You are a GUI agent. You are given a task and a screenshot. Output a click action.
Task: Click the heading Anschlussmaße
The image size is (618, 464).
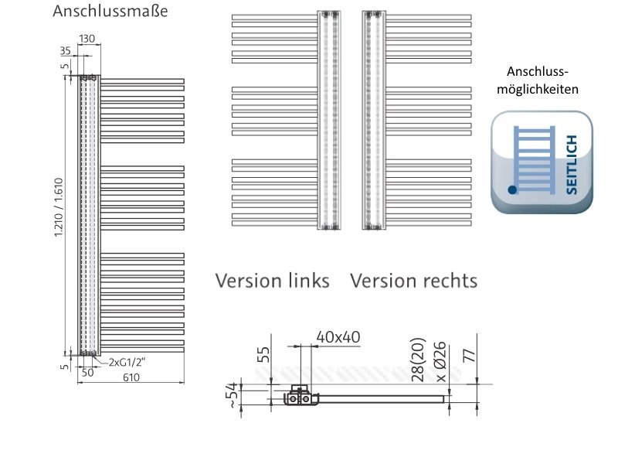pos(110,12)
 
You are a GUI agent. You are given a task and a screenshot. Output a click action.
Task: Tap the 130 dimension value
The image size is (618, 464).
pos(87,39)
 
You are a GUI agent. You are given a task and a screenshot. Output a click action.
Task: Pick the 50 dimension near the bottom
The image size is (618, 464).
pos(87,372)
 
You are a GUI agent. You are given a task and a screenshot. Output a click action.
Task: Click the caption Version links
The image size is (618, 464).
pos(272,280)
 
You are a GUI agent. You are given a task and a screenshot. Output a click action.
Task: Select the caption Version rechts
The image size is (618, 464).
pos(413,280)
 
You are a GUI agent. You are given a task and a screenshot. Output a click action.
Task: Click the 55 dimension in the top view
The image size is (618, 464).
pos(264,354)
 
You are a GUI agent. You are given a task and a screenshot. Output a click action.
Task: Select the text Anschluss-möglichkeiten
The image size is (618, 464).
pos(541,80)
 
